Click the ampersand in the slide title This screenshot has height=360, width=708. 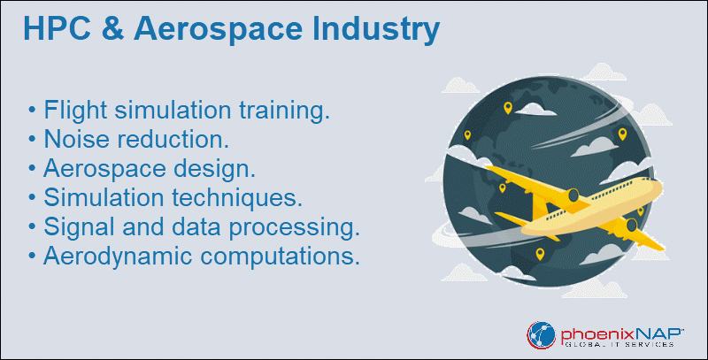pos(113,29)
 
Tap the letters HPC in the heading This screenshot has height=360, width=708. pos(57,29)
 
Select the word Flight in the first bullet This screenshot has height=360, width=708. pos(75,111)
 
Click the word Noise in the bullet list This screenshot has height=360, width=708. pos(77,139)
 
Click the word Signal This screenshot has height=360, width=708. pos(80,227)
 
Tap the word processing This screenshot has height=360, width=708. pos(294,228)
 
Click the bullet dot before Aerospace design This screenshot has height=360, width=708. pos(32,169)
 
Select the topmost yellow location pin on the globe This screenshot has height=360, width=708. pos(508,108)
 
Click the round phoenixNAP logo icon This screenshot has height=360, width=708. pos(541,335)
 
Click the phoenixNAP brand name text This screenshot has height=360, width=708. pos(621,334)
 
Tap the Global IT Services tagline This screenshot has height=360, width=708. pos(619,345)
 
